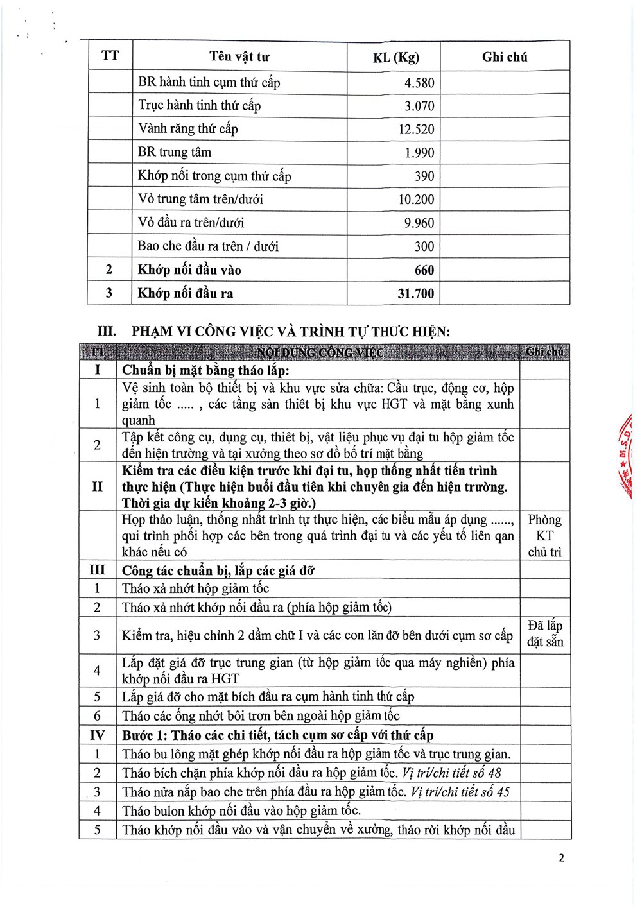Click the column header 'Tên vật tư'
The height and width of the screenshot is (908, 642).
coord(239,56)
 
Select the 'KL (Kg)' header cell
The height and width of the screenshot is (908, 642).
coord(395,57)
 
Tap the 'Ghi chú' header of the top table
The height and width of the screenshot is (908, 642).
coord(505,57)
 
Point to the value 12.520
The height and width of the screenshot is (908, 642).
coord(416,130)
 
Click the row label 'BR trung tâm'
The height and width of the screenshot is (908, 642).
coord(175,152)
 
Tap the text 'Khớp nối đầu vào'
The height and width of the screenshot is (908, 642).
coord(189,270)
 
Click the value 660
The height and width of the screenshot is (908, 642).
coord(424,270)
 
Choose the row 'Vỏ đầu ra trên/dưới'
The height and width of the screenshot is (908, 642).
coord(191,223)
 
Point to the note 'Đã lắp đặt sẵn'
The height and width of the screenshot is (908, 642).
coord(544,633)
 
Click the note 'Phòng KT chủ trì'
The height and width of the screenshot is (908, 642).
coord(544,535)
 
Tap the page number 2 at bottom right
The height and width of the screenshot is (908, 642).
coord(561,858)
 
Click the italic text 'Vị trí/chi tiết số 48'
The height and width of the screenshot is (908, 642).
coord(451,773)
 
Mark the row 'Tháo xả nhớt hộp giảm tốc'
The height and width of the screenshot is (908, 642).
coord(195,588)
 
